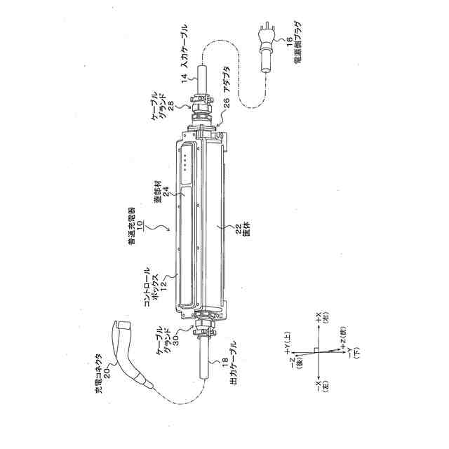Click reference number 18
coord(224,363)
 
